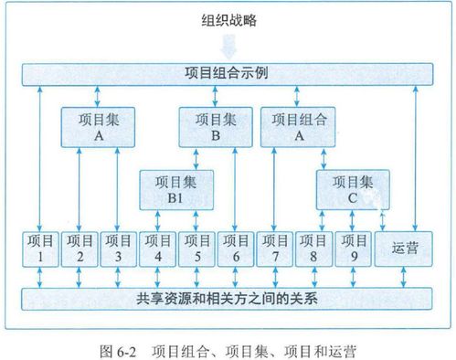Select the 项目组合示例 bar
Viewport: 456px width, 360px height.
(228, 73)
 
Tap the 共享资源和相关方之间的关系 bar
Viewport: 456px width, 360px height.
(228, 298)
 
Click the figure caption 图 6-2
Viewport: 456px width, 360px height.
(228, 348)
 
